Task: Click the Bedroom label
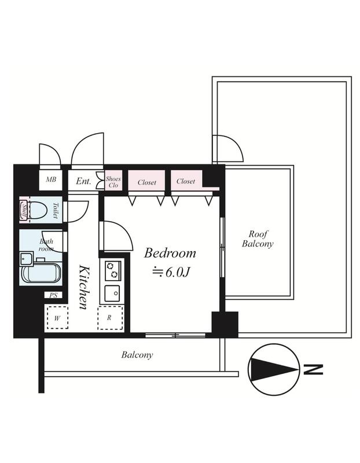170,253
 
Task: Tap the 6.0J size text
177,272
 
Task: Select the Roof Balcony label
258,239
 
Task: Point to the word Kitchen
84,287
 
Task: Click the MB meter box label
51,179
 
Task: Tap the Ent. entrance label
83,181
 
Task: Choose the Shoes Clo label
113,182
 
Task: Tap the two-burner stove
112,270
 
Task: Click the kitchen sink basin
112,293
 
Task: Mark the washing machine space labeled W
57,318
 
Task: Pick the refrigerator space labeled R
110,318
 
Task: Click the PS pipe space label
53,295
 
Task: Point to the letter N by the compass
313,369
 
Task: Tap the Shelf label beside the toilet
24,210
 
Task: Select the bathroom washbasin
26,259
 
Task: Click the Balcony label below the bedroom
137,355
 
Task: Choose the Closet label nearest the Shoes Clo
147,182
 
